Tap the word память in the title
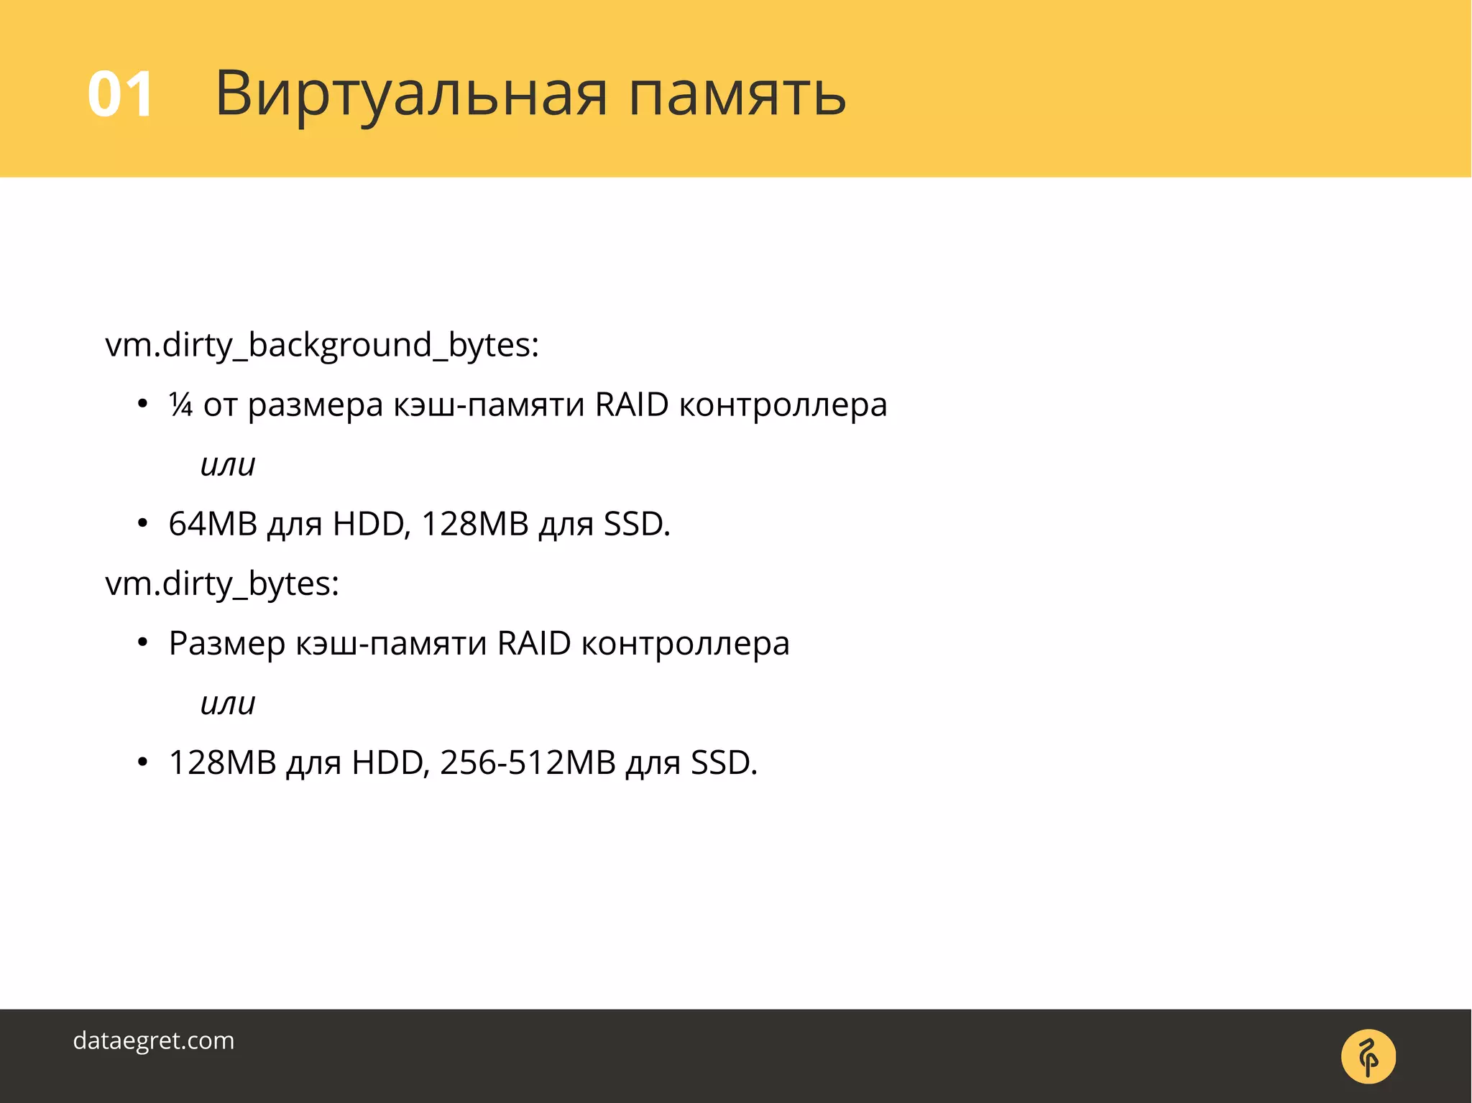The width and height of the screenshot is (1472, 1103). (737, 94)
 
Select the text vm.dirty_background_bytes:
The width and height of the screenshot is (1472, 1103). (322, 345)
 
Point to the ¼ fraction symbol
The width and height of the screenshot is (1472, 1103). (181, 405)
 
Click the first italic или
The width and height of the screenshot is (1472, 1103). (228, 465)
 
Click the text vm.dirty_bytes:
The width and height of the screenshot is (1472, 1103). (222, 583)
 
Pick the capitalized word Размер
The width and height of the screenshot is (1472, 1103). (226, 643)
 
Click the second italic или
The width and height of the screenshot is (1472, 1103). (228, 703)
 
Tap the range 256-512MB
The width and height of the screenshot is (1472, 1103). (528, 762)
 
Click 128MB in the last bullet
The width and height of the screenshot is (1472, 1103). (223, 762)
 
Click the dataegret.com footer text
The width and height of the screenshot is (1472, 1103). (154, 1040)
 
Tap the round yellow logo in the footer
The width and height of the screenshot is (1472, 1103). (1368, 1056)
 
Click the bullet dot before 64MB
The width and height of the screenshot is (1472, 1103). (142, 524)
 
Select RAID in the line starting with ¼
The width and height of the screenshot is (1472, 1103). (632, 405)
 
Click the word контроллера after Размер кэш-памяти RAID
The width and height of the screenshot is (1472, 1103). (685, 643)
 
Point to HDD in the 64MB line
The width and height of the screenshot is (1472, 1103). (371, 524)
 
